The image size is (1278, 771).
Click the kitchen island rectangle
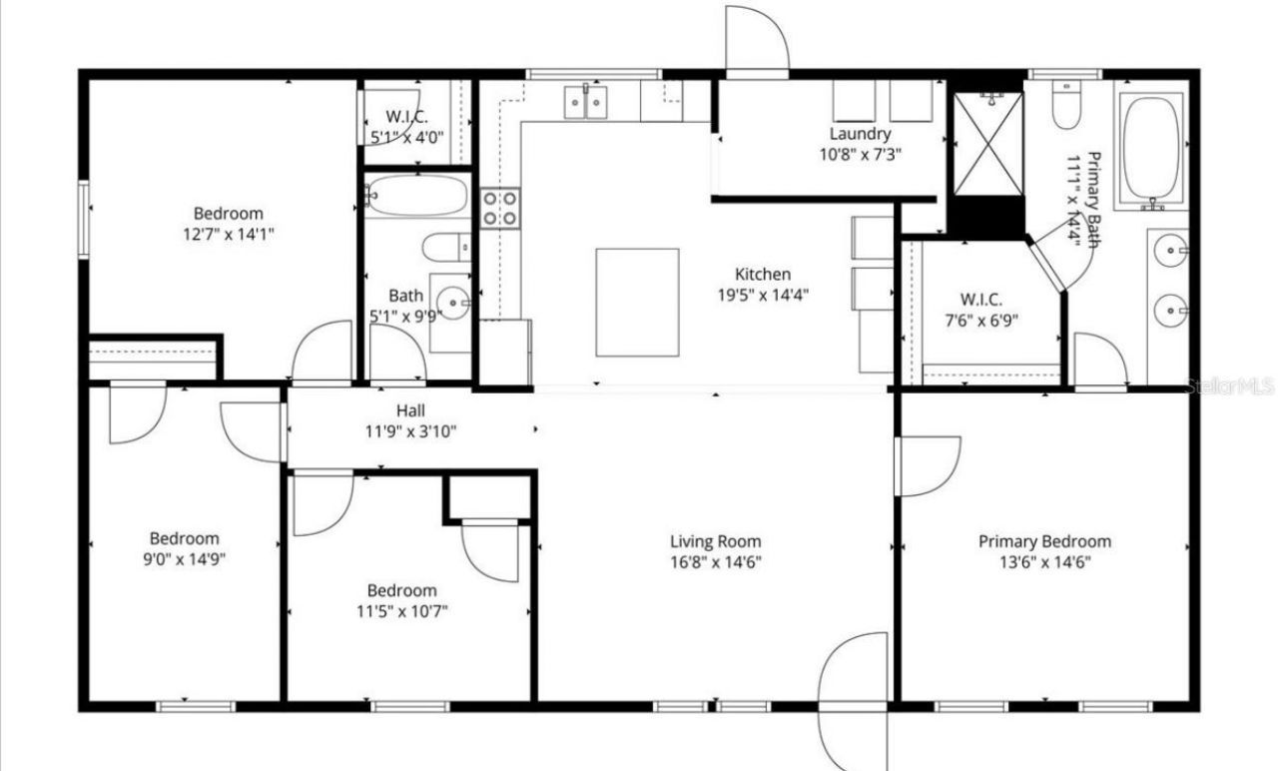pyautogui.click(x=637, y=302)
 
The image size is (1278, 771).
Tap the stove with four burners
pyautogui.click(x=500, y=208)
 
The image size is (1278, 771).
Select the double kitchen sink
pyautogui.click(x=587, y=101)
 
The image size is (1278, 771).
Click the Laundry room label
pyautogui.click(x=860, y=133)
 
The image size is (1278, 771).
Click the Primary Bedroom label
pyautogui.click(x=1044, y=541)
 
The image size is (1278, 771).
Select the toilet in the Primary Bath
pyautogui.click(x=1066, y=106)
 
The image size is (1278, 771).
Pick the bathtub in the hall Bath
pyautogui.click(x=415, y=195)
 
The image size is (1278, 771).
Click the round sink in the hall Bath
pyautogui.click(x=454, y=300)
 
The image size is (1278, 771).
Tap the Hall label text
pyautogui.click(x=410, y=410)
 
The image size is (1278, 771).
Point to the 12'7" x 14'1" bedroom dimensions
pyautogui.click(x=229, y=234)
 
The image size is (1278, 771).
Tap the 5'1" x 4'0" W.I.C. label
pyautogui.click(x=407, y=137)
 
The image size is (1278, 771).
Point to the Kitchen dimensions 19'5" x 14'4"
pyautogui.click(x=763, y=295)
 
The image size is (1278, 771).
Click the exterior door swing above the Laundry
pyautogui.click(x=756, y=40)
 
